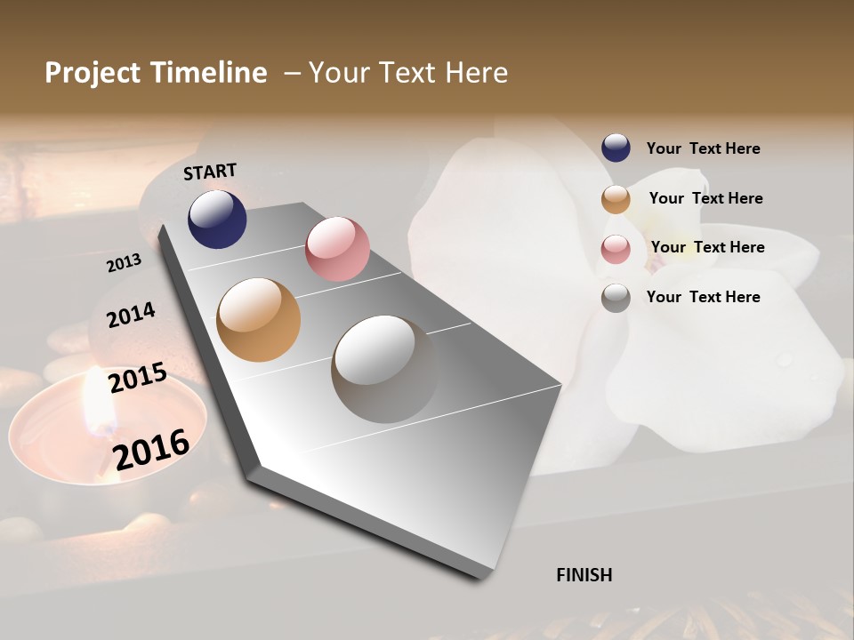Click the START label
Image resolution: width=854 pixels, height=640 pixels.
[x=210, y=172]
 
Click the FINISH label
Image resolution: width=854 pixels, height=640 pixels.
[x=584, y=575]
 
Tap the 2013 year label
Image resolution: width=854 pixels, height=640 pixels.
[x=125, y=262]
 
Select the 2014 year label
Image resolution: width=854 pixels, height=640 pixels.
[x=132, y=316]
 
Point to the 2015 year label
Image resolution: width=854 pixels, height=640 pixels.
[x=138, y=378]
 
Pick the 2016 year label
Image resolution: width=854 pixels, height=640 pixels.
[x=151, y=449]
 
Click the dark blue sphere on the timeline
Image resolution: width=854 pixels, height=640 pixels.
[x=217, y=220]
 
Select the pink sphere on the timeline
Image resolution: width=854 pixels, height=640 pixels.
[x=337, y=249]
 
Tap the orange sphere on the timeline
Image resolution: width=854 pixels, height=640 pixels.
[x=259, y=320]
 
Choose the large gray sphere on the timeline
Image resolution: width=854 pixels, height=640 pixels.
[x=385, y=369]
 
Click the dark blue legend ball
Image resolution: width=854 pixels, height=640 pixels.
[x=616, y=148]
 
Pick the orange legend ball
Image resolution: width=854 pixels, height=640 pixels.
[x=616, y=199]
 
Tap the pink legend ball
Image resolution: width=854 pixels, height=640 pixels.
[x=616, y=249]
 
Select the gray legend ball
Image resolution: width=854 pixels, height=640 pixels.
[x=616, y=298]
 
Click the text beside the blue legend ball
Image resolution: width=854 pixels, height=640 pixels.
[x=704, y=148]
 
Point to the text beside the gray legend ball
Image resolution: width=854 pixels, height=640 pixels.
[x=704, y=297]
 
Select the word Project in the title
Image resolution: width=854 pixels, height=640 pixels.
[x=93, y=73]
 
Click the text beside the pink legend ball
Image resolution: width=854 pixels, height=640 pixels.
[x=708, y=247]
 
